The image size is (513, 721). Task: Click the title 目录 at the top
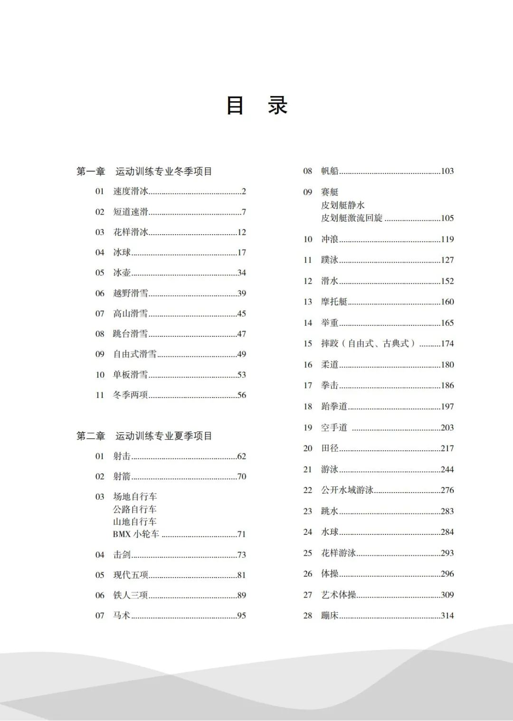pyautogui.click(x=257, y=105)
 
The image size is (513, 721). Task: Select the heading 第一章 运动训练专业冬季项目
pyautogui.click(x=144, y=171)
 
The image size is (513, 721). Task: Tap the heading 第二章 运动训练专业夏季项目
pyautogui.click(x=144, y=436)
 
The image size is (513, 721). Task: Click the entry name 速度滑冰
pyautogui.click(x=131, y=191)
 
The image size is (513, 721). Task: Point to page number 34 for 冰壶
pyautogui.click(x=241, y=273)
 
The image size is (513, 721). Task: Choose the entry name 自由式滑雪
pyautogui.click(x=135, y=354)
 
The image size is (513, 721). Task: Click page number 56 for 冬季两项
pyautogui.click(x=241, y=395)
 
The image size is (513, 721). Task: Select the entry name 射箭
pyautogui.click(x=122, y=476)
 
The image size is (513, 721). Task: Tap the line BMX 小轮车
pyautogui.click(x=136, y=534)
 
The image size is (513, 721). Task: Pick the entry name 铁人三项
pyautogui.click(x=131, y=596)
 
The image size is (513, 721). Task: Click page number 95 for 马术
pyautogui.click(x=241, y=616)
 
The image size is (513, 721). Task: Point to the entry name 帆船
pyautogui.click(x=330, y=171)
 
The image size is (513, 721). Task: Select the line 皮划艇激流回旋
pyautogui.click(x=352, y=218)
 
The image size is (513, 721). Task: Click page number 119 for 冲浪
pyautogui.click(x=447, y=239)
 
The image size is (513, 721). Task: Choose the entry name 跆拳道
pyautogui.click(x=334, y=407)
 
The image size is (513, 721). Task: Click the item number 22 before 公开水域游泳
pyautogui.click(x=308, y=490)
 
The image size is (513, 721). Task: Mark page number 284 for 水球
pyautogui.click(x=447, y=532)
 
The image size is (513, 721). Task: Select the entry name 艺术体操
pyautogui.click(x=339, y=595)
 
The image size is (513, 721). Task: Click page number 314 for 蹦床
pyautogui.click(x=447, y=616)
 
